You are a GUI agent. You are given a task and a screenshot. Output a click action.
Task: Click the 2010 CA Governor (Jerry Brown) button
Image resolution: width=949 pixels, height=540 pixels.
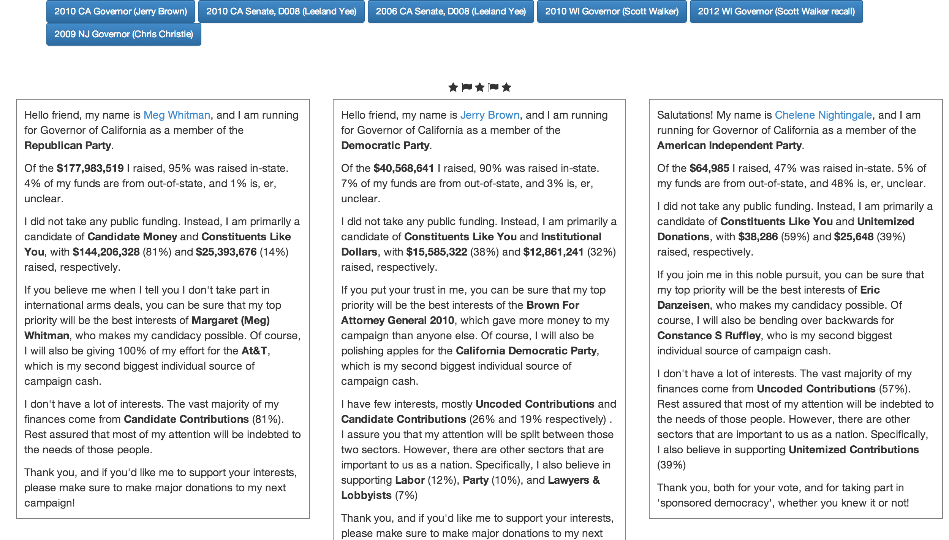click(x=120, y=11)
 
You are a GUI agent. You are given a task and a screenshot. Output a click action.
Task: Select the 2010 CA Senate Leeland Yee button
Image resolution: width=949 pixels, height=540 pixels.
click(x=281, y=11)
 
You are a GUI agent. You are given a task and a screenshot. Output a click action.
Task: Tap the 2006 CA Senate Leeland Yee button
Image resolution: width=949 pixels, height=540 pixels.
click(x=451, y=11)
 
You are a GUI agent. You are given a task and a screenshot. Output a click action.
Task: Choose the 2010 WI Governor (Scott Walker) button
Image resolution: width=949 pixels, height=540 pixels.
click(x=612, y=11)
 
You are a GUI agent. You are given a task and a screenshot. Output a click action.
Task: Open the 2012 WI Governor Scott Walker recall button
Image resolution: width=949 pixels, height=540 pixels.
click(x=776, y=11)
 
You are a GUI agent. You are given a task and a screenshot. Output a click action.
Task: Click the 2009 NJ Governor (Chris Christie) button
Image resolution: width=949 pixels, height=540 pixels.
click(x=123, y=34)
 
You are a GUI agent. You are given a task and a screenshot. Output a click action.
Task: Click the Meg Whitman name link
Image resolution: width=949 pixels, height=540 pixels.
click(x=177, y=115)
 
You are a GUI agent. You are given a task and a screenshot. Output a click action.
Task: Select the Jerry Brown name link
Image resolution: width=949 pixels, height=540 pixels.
click(x=490, y=115)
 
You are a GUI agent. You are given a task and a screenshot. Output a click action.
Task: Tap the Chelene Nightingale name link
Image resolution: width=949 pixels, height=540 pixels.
click(x=823, y=115)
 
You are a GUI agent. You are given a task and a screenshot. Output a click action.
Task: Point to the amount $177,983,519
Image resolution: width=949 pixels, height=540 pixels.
click(x=90, y=168)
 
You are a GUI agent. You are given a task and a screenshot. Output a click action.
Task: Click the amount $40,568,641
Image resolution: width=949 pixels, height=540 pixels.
click(x=403, y=168)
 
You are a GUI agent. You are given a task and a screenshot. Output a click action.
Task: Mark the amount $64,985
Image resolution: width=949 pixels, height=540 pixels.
click(x=709, y=168)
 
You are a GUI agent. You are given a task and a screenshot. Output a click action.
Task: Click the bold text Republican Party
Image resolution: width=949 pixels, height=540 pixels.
click(x=68, y=145)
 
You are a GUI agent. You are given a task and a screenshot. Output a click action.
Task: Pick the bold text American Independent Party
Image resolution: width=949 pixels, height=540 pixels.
click(x=729, y=145)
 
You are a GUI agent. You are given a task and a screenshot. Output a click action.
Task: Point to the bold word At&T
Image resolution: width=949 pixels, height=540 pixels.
click(x=254, y=351)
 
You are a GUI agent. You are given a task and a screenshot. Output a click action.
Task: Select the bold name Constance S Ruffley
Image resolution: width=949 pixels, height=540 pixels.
click(x=709, y=335)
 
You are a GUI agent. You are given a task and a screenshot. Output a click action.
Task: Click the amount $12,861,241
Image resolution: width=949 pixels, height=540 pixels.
click(x=553, y=252)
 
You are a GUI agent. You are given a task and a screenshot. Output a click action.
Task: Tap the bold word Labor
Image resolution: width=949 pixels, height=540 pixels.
click(x=410, y=480)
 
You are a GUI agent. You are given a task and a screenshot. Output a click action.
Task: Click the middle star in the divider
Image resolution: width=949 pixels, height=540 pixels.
click(x=480, y=87)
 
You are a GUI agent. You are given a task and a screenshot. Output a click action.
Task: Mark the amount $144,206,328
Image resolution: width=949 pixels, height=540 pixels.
click(x=106, y=252)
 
